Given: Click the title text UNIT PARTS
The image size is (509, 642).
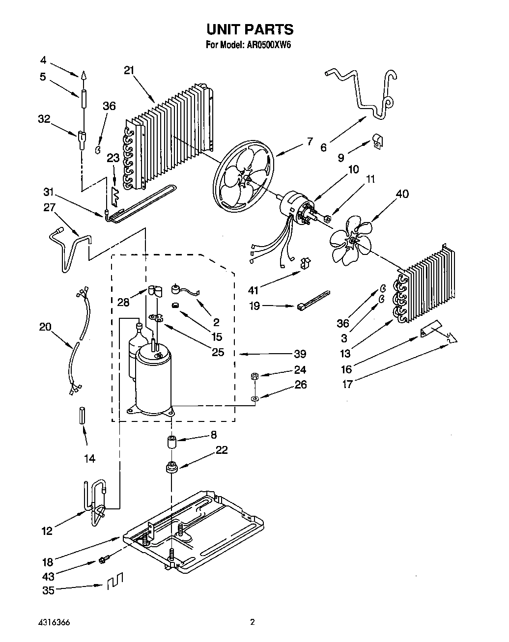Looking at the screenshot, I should (250, 29).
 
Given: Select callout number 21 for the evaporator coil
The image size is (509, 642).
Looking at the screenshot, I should (129, 70).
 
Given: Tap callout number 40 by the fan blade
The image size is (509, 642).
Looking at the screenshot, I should (401, 194).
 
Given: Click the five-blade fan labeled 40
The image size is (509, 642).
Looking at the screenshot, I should (351, 240).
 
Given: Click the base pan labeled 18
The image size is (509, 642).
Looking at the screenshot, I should (197, 530).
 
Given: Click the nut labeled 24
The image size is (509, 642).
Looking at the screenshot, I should (254, 377).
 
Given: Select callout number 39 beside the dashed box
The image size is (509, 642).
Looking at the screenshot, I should (300, 354).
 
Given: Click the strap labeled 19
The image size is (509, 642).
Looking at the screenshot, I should (313, 301).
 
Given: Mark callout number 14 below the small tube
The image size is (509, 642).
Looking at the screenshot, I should (89, 458).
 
